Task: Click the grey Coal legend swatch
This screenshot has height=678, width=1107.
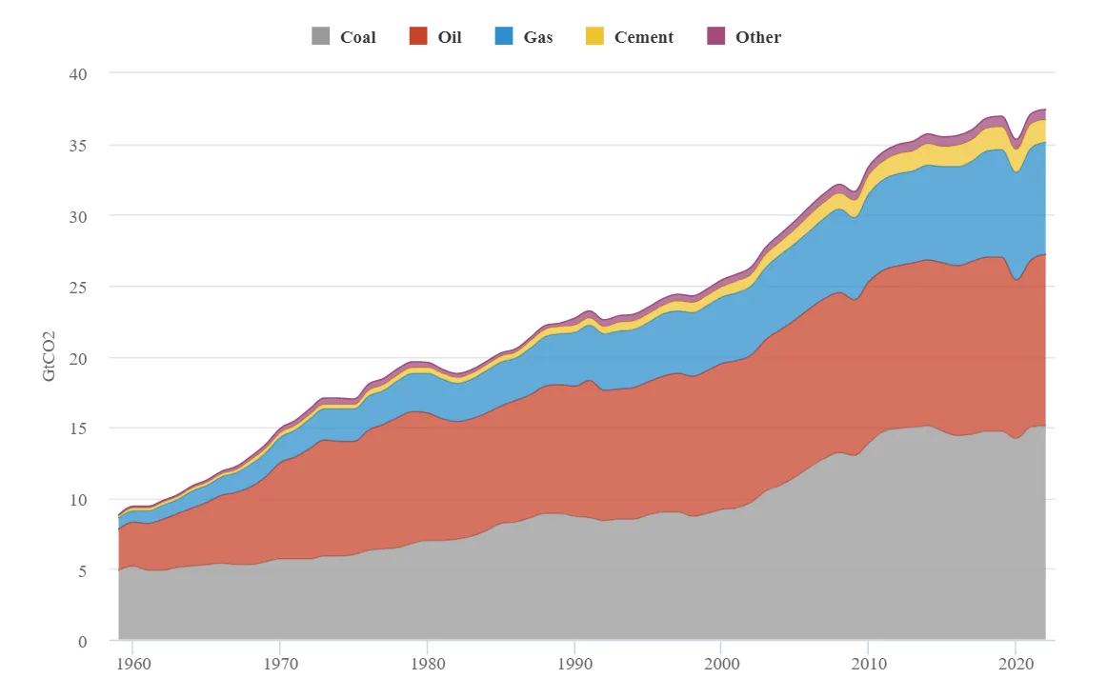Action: (321, 37)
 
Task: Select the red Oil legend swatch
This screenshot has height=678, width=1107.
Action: (418, 37)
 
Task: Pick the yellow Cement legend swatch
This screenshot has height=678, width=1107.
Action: (594, 37)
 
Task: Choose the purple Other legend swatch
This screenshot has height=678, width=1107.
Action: (715, 37)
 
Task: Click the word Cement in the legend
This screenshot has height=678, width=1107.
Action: (644, 37)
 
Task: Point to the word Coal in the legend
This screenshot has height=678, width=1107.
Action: (358, 37)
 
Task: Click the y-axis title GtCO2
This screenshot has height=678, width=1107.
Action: (50, 357)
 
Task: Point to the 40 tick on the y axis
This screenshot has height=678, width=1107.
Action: (83, 74)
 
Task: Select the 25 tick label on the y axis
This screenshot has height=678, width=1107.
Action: (83, 288)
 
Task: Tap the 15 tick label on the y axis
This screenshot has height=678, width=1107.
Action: (83, 429)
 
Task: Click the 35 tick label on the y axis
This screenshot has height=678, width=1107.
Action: (83, 146)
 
